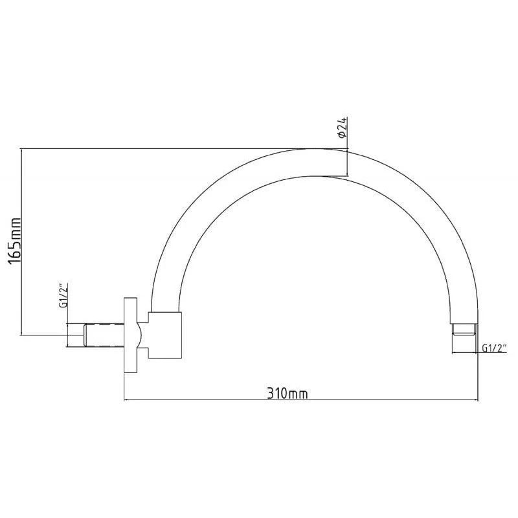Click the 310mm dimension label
(287, 394)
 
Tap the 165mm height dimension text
(15, 241)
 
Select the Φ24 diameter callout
(343, 127)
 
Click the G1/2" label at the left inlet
(63, 295)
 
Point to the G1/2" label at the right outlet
(494, 348)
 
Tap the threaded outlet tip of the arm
(464, 330)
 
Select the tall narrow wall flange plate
(131, 335)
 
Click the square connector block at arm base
(165, 335)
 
